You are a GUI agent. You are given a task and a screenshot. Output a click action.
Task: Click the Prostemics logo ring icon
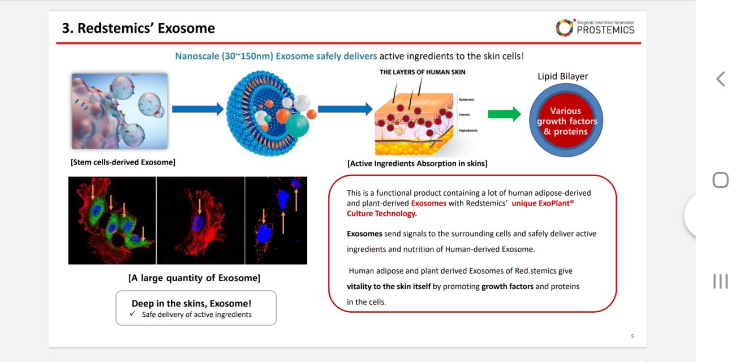coord(564,27)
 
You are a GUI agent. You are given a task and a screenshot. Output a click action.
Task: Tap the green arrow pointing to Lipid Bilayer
coord(504,114)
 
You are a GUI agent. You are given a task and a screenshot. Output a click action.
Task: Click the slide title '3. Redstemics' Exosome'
coord(139,28)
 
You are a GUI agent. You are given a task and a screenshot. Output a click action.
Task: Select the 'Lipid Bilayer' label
coord(562,76)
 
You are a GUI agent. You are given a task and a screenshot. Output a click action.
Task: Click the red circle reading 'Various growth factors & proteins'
coord(566,121)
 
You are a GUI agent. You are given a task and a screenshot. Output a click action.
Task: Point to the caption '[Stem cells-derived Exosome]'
coord(123,162)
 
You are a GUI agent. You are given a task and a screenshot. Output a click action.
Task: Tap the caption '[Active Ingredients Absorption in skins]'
coord(417,163)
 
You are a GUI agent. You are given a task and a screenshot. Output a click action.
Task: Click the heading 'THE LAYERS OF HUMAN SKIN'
coord(422,72)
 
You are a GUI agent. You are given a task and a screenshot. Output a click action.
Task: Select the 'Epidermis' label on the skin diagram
coord(467,100)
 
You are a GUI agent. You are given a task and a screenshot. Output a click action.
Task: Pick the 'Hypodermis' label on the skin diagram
coord(468,131)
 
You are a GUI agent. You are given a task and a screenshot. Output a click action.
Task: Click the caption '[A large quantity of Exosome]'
coord(194,278)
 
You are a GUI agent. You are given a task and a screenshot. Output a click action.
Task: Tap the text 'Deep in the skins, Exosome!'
coord(191,303)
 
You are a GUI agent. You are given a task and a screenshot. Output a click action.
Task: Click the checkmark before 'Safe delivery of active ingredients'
coord(132,314)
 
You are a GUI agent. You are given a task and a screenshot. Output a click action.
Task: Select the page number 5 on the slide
coord(633,337)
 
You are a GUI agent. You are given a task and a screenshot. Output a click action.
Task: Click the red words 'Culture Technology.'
coord(381,213)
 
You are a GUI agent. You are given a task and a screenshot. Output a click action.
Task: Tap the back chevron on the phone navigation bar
coord(720,79)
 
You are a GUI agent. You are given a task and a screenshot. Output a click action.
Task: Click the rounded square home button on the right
coord(720,180)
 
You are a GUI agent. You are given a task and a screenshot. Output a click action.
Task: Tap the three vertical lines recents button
coord(720,281)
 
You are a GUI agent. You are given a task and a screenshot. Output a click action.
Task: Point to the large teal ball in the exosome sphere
coord(297,125)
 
